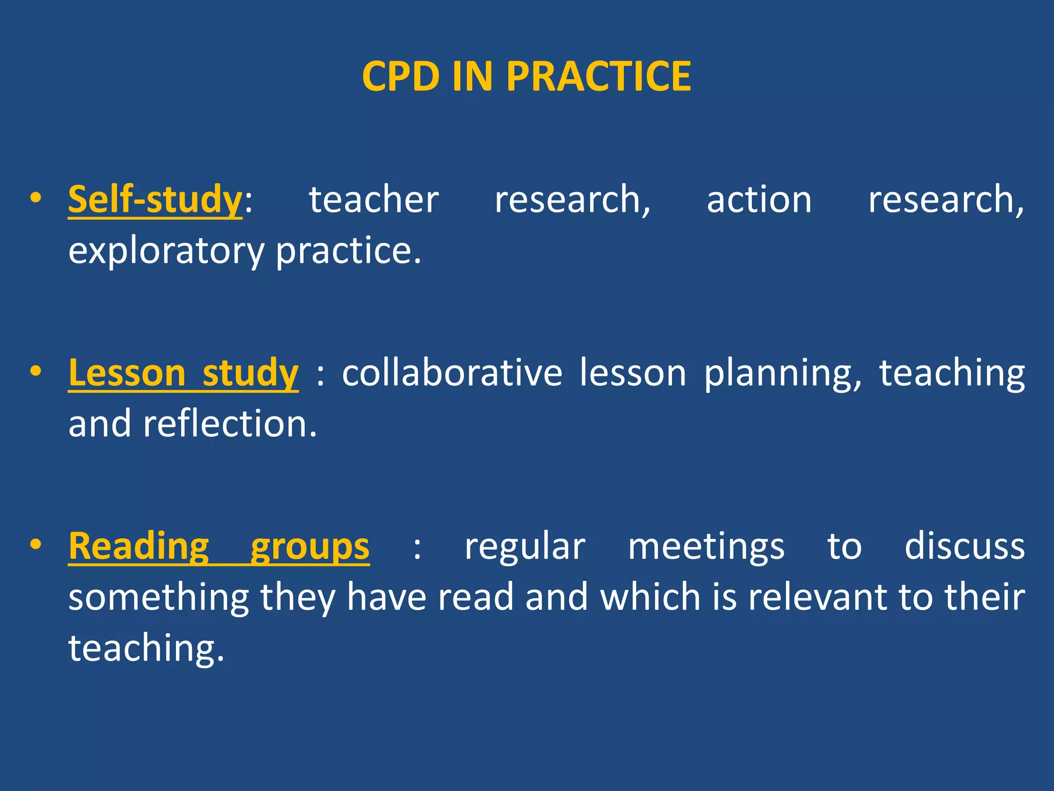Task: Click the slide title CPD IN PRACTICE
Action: pos(526,76)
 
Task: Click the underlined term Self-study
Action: pos(155,200)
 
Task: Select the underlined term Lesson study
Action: pos(183,373)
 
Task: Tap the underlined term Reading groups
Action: pos(219,546)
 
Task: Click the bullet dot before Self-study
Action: pos(35,198)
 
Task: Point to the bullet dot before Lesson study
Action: pos(35,371)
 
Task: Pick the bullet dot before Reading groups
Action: pos(35,544)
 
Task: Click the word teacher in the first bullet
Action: pos(374,200)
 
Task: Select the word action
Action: pos(759,200)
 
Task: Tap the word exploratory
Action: pos(166,251)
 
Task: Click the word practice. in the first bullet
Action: pos(348,251)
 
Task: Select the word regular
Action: pos(524,546)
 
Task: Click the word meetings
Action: pos(706,546)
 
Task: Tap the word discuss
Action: pos(964,546)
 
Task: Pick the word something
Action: pos(159,597)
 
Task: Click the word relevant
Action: pos(817,597)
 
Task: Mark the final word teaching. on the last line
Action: pos(146,648)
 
